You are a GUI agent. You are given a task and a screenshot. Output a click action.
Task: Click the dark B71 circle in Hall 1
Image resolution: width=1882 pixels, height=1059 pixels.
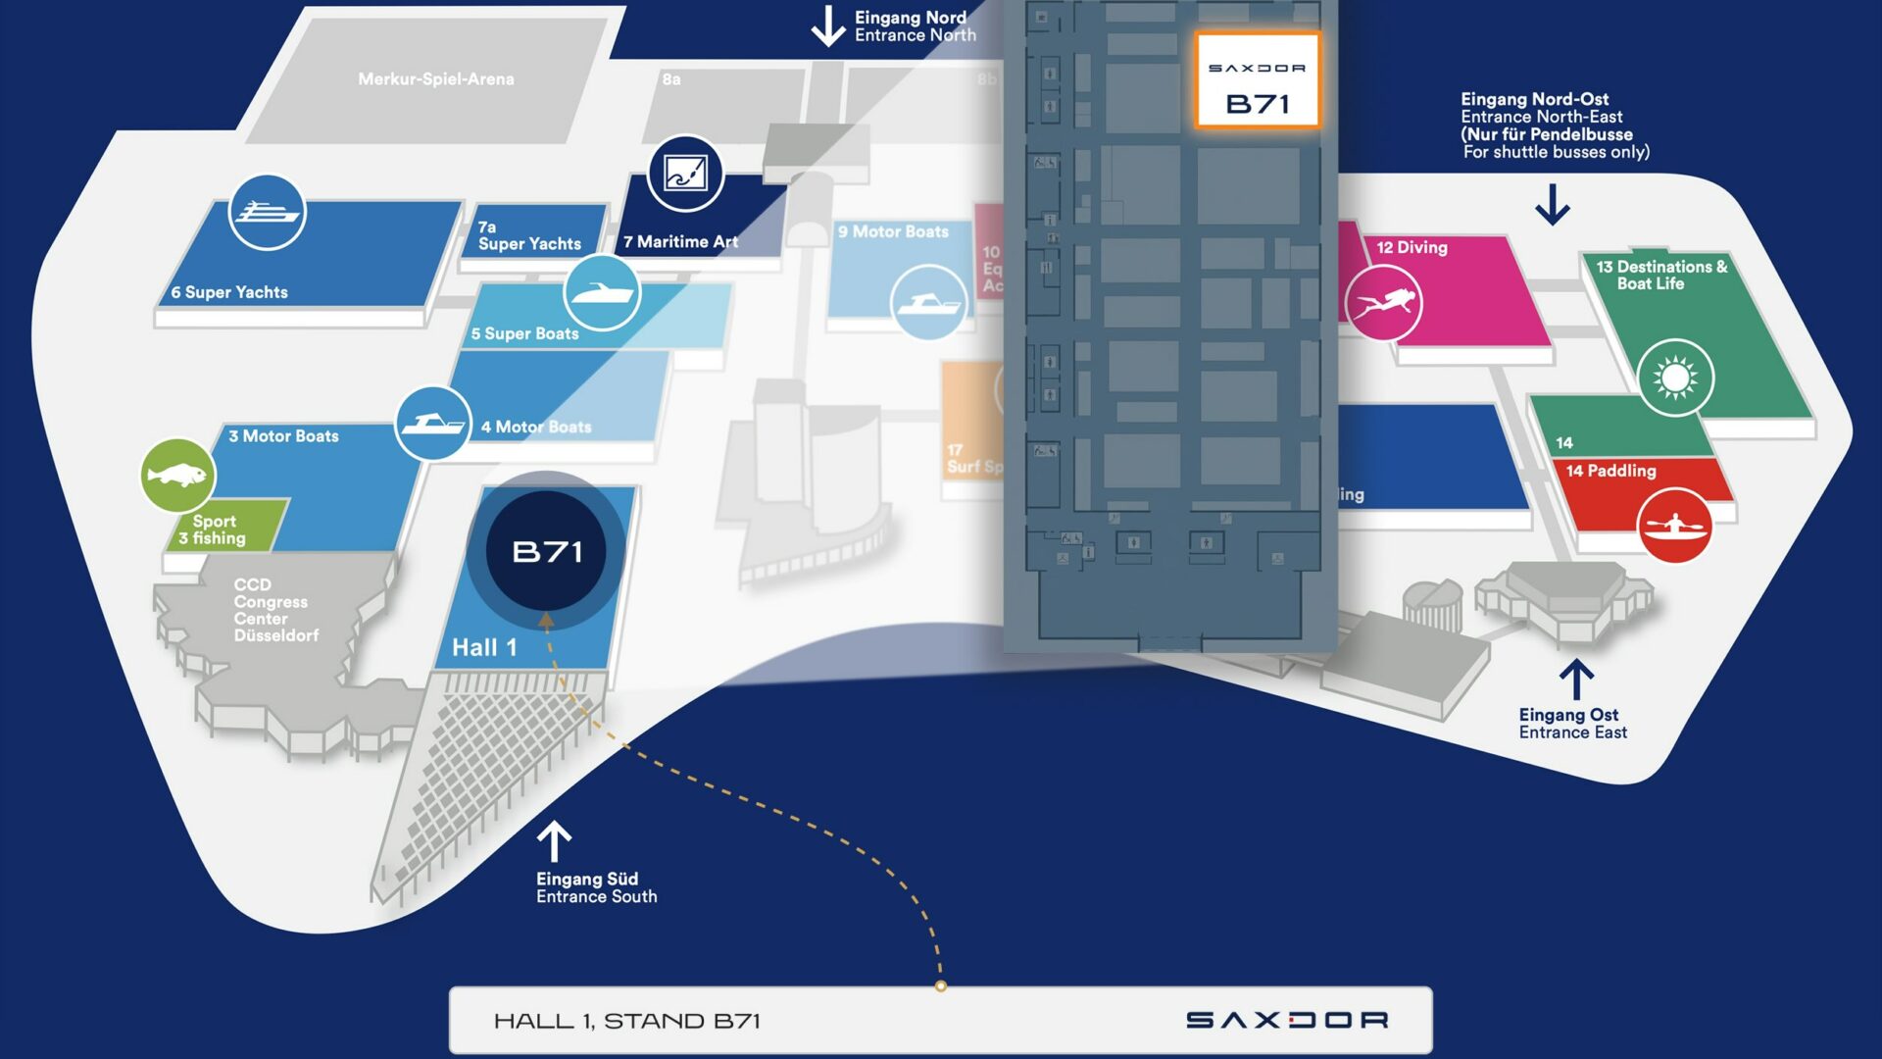[547, 551]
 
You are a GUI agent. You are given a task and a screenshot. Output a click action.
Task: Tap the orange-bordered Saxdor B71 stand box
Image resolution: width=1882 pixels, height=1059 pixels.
[1258, 81]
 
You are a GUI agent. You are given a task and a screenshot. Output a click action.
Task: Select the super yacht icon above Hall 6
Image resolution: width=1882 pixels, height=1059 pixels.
[267, 212]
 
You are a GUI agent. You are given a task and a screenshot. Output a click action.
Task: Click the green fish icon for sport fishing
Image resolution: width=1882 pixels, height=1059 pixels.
[177, 476]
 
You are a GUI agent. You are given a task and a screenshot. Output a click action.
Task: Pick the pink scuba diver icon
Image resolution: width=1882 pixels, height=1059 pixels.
[1383, 303]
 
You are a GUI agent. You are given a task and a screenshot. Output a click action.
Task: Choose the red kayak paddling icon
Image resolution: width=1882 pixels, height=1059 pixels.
[1675, 527]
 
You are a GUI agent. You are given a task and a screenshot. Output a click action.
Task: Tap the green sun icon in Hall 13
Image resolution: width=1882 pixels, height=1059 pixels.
[1675, 378]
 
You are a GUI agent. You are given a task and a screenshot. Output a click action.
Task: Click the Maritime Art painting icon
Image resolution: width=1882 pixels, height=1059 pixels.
[685, 174]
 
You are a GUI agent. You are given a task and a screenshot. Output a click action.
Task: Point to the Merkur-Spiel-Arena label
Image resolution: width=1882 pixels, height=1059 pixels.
[436, 79]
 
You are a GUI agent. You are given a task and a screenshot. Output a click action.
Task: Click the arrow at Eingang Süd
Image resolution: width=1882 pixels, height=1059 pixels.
[554, 841]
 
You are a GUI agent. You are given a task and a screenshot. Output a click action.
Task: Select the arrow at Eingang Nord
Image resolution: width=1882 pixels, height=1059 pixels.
[828, 25]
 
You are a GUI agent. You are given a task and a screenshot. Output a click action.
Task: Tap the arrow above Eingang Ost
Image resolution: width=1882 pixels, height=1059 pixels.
[1576, 679]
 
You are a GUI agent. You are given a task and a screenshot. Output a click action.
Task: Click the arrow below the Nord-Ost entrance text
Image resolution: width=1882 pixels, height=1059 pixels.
[1553, 205]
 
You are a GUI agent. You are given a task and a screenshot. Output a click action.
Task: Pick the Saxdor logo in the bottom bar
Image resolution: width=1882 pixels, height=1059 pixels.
[1287, 1021]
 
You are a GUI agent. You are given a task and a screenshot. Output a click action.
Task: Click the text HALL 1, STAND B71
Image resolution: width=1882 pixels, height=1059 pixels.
[627, 1021]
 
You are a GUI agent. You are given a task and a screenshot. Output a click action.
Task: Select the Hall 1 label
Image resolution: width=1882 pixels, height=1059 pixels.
[484, 647]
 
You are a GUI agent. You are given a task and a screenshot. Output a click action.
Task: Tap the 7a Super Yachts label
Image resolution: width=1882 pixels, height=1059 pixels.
[529, 235]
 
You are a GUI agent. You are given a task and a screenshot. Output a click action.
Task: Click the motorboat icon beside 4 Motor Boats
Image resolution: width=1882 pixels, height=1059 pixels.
[432, 424]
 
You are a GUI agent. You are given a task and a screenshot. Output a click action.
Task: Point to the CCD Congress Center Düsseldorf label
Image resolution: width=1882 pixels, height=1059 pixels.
[275, 610]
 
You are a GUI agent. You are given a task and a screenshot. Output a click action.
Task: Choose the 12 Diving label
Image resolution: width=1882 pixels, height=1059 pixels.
[1411, 247]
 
